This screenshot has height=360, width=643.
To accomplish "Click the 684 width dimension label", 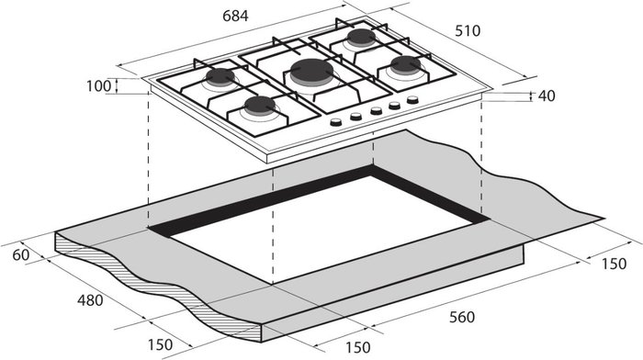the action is (x=235, y=16).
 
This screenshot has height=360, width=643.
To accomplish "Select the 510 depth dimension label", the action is (x=467, y=30).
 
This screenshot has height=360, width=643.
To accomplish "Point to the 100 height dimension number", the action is (x=98, y=86).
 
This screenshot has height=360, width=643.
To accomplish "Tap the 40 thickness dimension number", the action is (x=547, y=96).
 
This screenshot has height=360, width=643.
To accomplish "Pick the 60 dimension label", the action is (x=21, y=255).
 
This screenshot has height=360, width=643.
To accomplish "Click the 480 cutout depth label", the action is (x=90, y=300).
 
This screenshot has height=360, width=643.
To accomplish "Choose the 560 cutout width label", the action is (x=462, y=317).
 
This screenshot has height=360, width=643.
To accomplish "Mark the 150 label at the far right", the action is (x=614, y=264).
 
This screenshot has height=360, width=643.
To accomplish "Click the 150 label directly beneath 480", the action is (x=160, y=344).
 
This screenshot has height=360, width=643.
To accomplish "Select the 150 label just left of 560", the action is (x=357, y=347).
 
